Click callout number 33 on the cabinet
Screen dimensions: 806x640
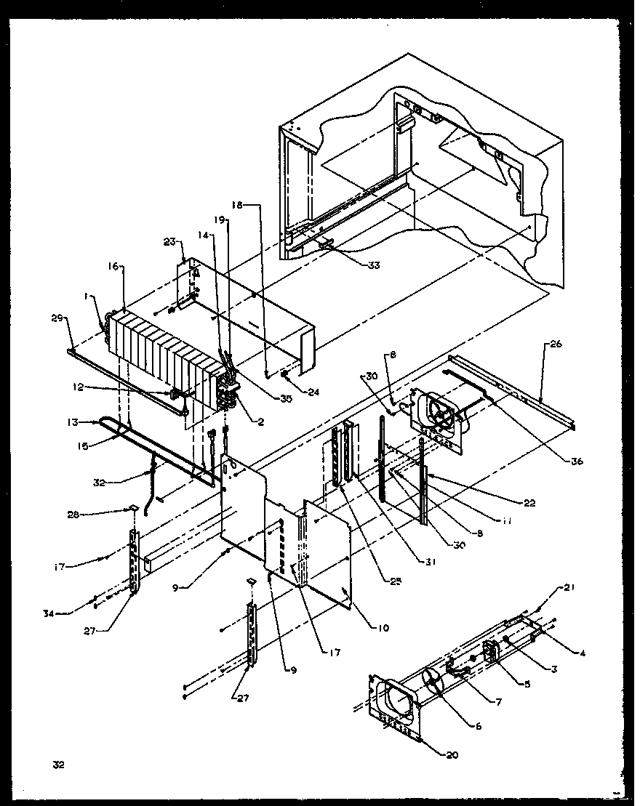[x=373, y=265]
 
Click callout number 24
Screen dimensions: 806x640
[x=313, y=392]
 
